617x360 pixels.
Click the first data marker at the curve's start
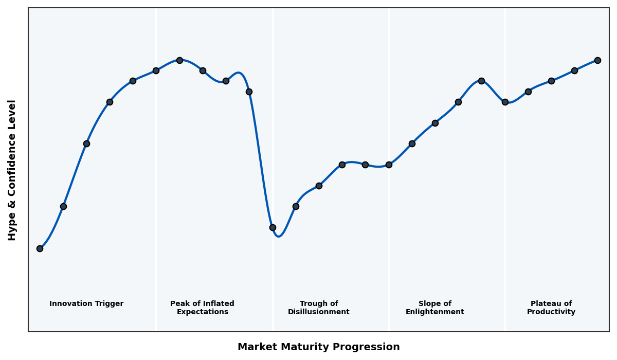(40, 248)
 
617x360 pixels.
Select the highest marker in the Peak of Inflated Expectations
(179, 60)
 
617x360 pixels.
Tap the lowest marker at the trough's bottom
(273, 227)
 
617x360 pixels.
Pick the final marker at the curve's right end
(597, 60)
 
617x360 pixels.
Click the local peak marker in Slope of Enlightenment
(481, 81)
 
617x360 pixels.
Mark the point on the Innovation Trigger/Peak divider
(156, 70)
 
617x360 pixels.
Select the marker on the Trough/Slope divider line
(389, 165)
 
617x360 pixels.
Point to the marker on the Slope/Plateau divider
(505, 102)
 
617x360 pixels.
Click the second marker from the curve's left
(63, 206)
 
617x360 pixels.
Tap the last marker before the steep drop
(249, 92)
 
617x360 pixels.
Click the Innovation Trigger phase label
(86, 304)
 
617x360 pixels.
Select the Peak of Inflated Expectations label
(202, 308)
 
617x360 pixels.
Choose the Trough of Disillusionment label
(319, 308)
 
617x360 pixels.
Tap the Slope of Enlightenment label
(434, 308)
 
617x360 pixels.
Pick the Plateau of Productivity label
(551, 308)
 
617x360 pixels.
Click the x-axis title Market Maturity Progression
(318, 347)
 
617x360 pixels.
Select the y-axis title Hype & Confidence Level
(12, 170)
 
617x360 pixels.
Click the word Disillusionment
(319, 312)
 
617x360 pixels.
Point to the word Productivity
(551, 312)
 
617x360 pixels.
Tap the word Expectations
(202, 312)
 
